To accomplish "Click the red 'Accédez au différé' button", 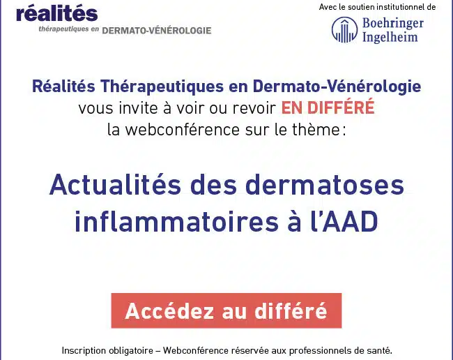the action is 227,310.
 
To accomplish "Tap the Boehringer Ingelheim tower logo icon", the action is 344,30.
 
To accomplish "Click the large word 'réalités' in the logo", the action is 57,13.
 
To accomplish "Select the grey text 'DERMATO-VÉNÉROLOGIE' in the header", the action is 157,31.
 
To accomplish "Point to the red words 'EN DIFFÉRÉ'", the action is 328,107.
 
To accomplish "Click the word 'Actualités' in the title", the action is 115,185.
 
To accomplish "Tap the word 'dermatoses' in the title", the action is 325,185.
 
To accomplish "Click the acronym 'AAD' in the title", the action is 350,221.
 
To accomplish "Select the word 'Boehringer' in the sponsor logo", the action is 393,24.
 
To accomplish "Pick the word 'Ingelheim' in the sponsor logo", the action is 390,37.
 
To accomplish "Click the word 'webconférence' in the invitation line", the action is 183,130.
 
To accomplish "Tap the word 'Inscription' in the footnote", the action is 84,351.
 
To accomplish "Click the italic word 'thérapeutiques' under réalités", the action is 63,29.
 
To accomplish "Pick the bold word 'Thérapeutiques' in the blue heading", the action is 162,87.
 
